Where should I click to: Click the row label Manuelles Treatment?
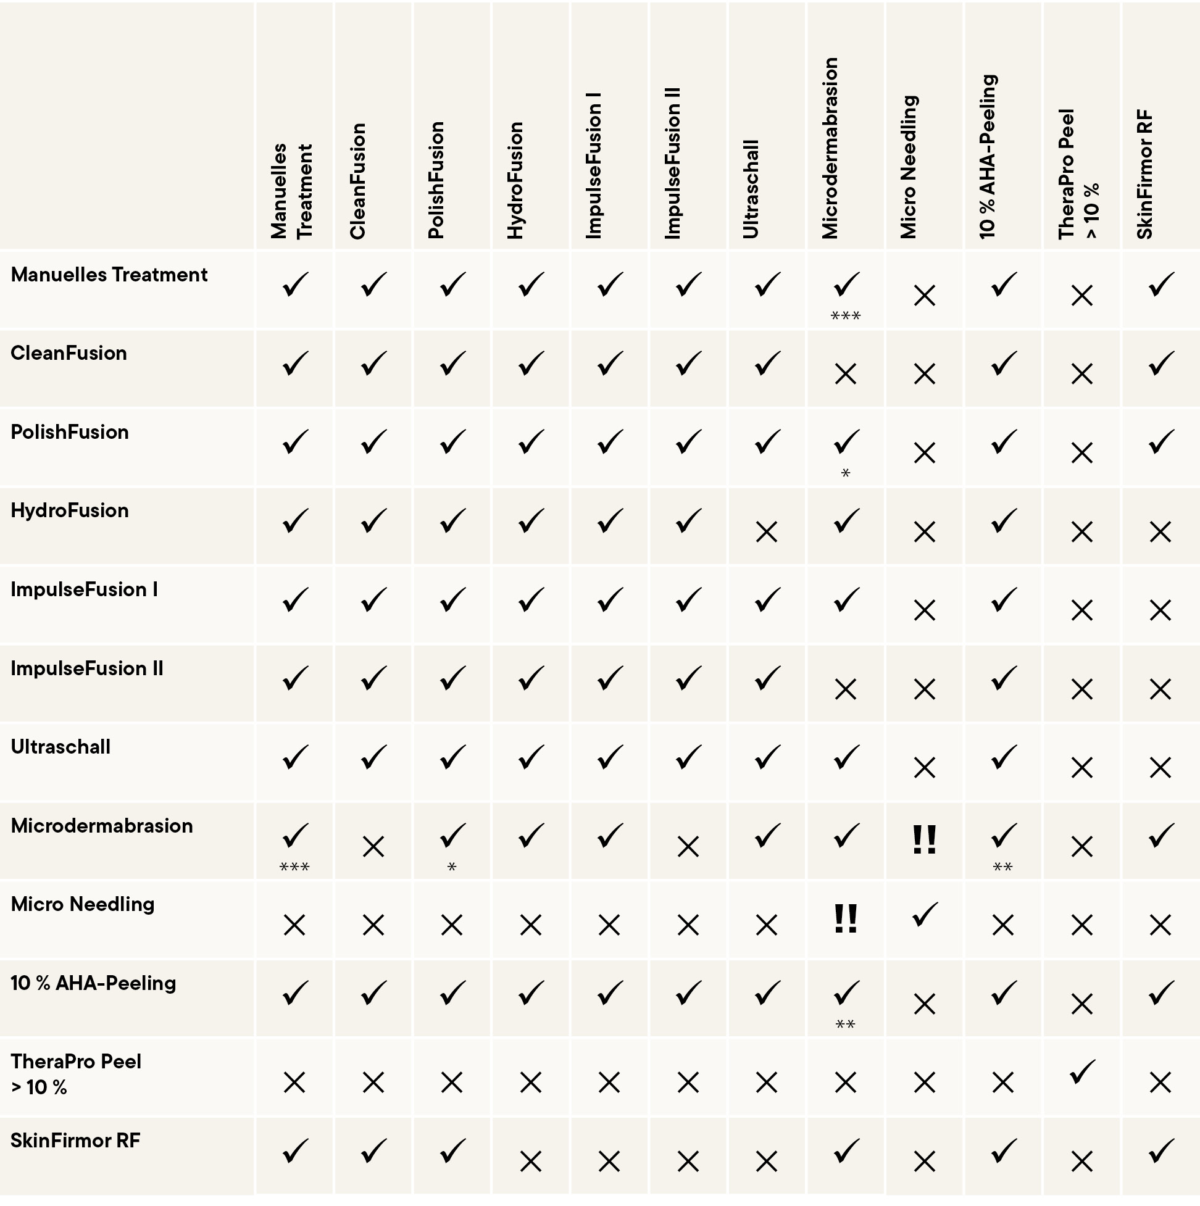109,275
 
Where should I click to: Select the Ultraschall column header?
751,188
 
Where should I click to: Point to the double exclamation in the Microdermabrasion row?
924,839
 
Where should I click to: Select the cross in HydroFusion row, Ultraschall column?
767,533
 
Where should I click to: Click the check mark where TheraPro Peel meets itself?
1082,1073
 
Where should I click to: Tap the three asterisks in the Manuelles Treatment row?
845,316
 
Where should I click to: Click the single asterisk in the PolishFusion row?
845,473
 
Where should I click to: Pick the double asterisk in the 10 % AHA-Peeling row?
845,1025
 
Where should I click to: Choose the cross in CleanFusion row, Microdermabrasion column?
845,375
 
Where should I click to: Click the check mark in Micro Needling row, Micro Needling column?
924,915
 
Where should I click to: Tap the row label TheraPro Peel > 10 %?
75,1074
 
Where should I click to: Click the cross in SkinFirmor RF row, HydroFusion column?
530,1162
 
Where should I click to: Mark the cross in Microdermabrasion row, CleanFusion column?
373,847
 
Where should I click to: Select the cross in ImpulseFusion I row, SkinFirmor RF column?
1160,610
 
